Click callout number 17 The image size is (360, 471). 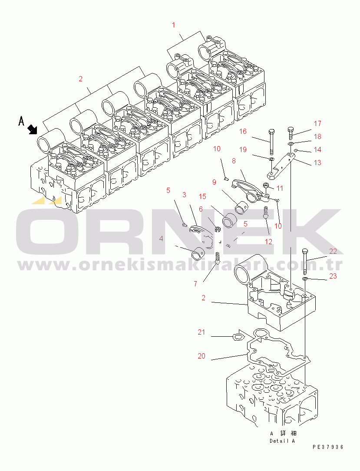click(317, 123)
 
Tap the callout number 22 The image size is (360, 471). click(333, 251)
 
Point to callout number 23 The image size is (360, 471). click(333, 276)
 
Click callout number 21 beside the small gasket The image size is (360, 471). click(201, 332)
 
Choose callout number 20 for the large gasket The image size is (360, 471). click(201, 356)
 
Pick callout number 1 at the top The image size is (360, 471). click(174, 25)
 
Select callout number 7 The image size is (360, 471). click(195, 284)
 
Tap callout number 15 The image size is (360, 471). click(202, 196)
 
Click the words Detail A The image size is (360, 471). click(282, 441)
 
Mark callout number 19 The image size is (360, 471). click(243, 150)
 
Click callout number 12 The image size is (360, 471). click(269, 242)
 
